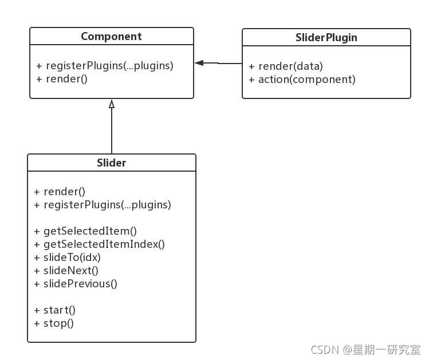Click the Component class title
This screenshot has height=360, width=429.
(111, 37)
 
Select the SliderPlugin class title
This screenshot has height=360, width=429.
(326, 38)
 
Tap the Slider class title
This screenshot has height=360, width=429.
(111, 163)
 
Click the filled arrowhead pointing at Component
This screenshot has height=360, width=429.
(199, 63)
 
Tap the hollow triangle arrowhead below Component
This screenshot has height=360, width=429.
(112, 104)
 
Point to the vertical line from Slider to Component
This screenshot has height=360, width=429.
(112, 131)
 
